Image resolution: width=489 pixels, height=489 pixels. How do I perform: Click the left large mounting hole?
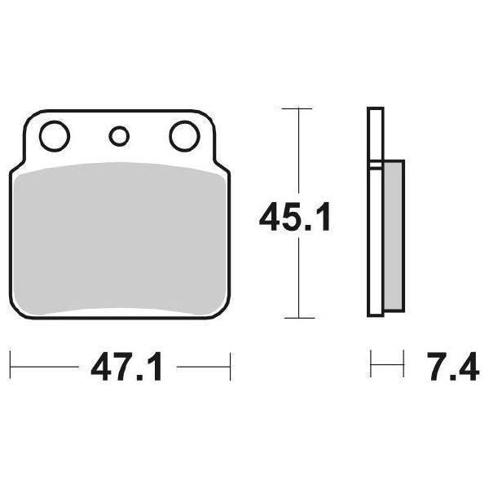(55, 136)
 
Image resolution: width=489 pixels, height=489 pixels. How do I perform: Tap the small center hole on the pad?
(119, 136)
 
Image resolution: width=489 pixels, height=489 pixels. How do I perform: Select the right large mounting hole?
(185, 136)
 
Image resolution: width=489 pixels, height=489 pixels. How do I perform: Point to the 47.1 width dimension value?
(127, 368)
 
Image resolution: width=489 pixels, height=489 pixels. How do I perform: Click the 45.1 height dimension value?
(294, 218)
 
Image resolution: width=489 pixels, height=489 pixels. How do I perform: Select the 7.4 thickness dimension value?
(452, 368)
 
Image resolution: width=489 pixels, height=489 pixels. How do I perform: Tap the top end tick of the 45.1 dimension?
(298, 108)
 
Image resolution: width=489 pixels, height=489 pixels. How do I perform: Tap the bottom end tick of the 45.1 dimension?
(298, 318)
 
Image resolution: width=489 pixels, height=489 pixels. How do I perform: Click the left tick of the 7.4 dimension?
(371, 364)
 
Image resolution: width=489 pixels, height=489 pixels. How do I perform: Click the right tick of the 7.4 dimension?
(403, 364)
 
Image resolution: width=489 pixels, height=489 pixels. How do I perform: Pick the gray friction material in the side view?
(393, 236)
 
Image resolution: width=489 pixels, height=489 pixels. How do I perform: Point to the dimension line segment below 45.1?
(299, 277)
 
